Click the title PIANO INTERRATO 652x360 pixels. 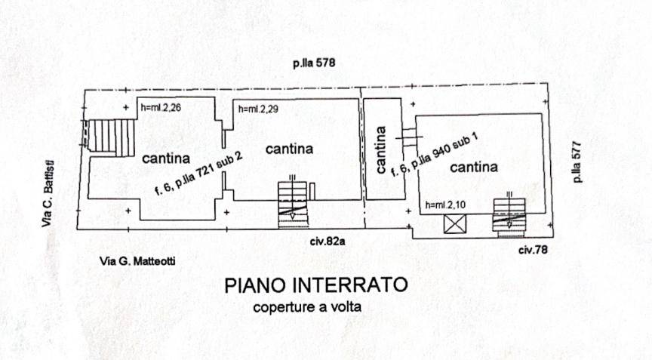click(316, 285)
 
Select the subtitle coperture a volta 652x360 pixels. click(307, 307)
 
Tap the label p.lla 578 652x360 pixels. click(314, 63)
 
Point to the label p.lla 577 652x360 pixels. click(577, 162)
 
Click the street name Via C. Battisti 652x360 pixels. click(48, 193)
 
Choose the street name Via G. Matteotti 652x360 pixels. click(137, 261)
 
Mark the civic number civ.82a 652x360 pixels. click(328, 241)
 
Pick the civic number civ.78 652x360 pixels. click(533, 249)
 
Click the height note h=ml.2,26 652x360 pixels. click(161, 108)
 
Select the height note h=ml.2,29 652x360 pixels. click(258, 109)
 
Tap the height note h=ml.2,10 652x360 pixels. click(445, 205)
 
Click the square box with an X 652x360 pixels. click(455, 224)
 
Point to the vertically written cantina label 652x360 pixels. click(380, 149)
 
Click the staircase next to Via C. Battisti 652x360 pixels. click(111, 136)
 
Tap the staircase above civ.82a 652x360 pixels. click(293, 205)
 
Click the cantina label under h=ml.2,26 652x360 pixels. click(166, 158)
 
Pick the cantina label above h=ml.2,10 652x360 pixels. click(474, 168)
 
